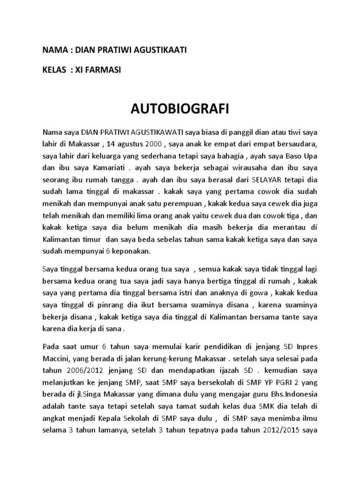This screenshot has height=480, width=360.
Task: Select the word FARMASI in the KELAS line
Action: [105, 70]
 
